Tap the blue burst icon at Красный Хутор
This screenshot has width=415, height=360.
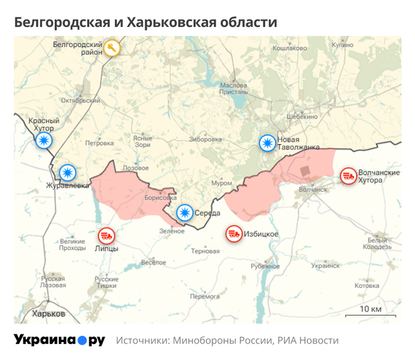coord(44,141)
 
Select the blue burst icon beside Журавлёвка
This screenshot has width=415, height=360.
coord(67,172)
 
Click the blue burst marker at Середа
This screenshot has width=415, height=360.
coord(184,213)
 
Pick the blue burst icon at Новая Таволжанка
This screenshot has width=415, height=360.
coord(266,143)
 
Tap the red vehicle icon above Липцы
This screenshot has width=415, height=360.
coord(107,236)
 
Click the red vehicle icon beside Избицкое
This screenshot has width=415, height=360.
coord(234,234)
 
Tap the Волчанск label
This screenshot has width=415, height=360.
coord(313,189)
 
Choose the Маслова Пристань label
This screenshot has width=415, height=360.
coord(233,89)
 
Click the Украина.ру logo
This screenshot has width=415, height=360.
coord(59,340)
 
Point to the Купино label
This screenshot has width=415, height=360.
coord(342,44)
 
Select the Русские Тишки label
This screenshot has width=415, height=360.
coord(107,282)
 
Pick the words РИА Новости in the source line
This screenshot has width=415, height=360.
coord(308,341)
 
